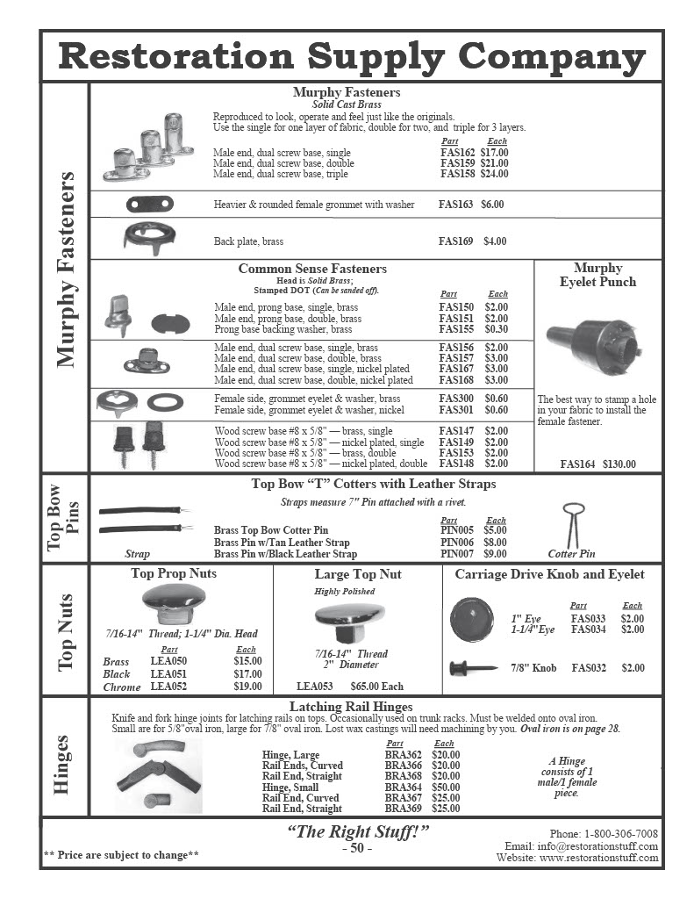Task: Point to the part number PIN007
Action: (x=456, y=554)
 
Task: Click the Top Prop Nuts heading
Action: (x=174, y=574)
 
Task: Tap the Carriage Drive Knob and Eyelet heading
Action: (x=549, y=574)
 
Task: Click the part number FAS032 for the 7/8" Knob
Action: (x=589, y=668)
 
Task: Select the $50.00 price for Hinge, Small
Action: (x=446, y=788)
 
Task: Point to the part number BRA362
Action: (x=403, y=754)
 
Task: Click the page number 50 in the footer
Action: (x=356, y=848)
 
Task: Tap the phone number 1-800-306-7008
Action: (x=614, y=833)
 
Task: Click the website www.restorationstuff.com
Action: (x=598, y=858)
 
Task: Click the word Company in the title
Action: (x=553, y=57)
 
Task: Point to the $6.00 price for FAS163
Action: (x=492, y=204)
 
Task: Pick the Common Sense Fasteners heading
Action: (x=312, y=269)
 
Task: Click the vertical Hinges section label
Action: (x=63, y=765)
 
